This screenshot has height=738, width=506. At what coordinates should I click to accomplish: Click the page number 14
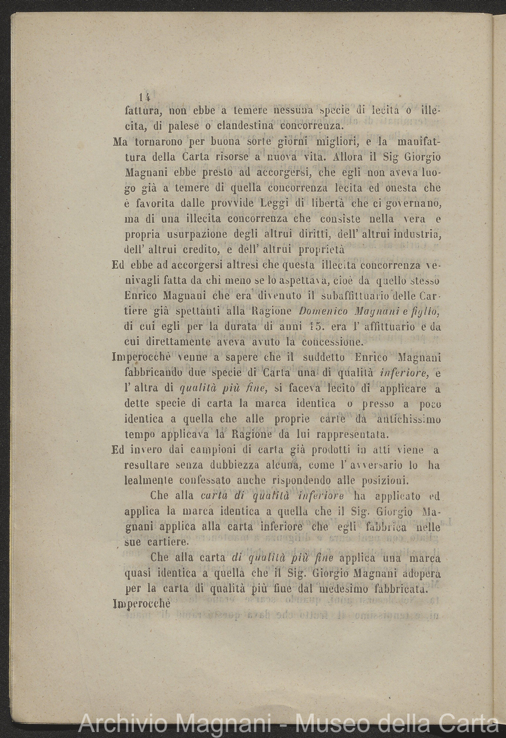coord(145,96)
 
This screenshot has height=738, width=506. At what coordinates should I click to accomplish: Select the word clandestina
coord(240,126)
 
